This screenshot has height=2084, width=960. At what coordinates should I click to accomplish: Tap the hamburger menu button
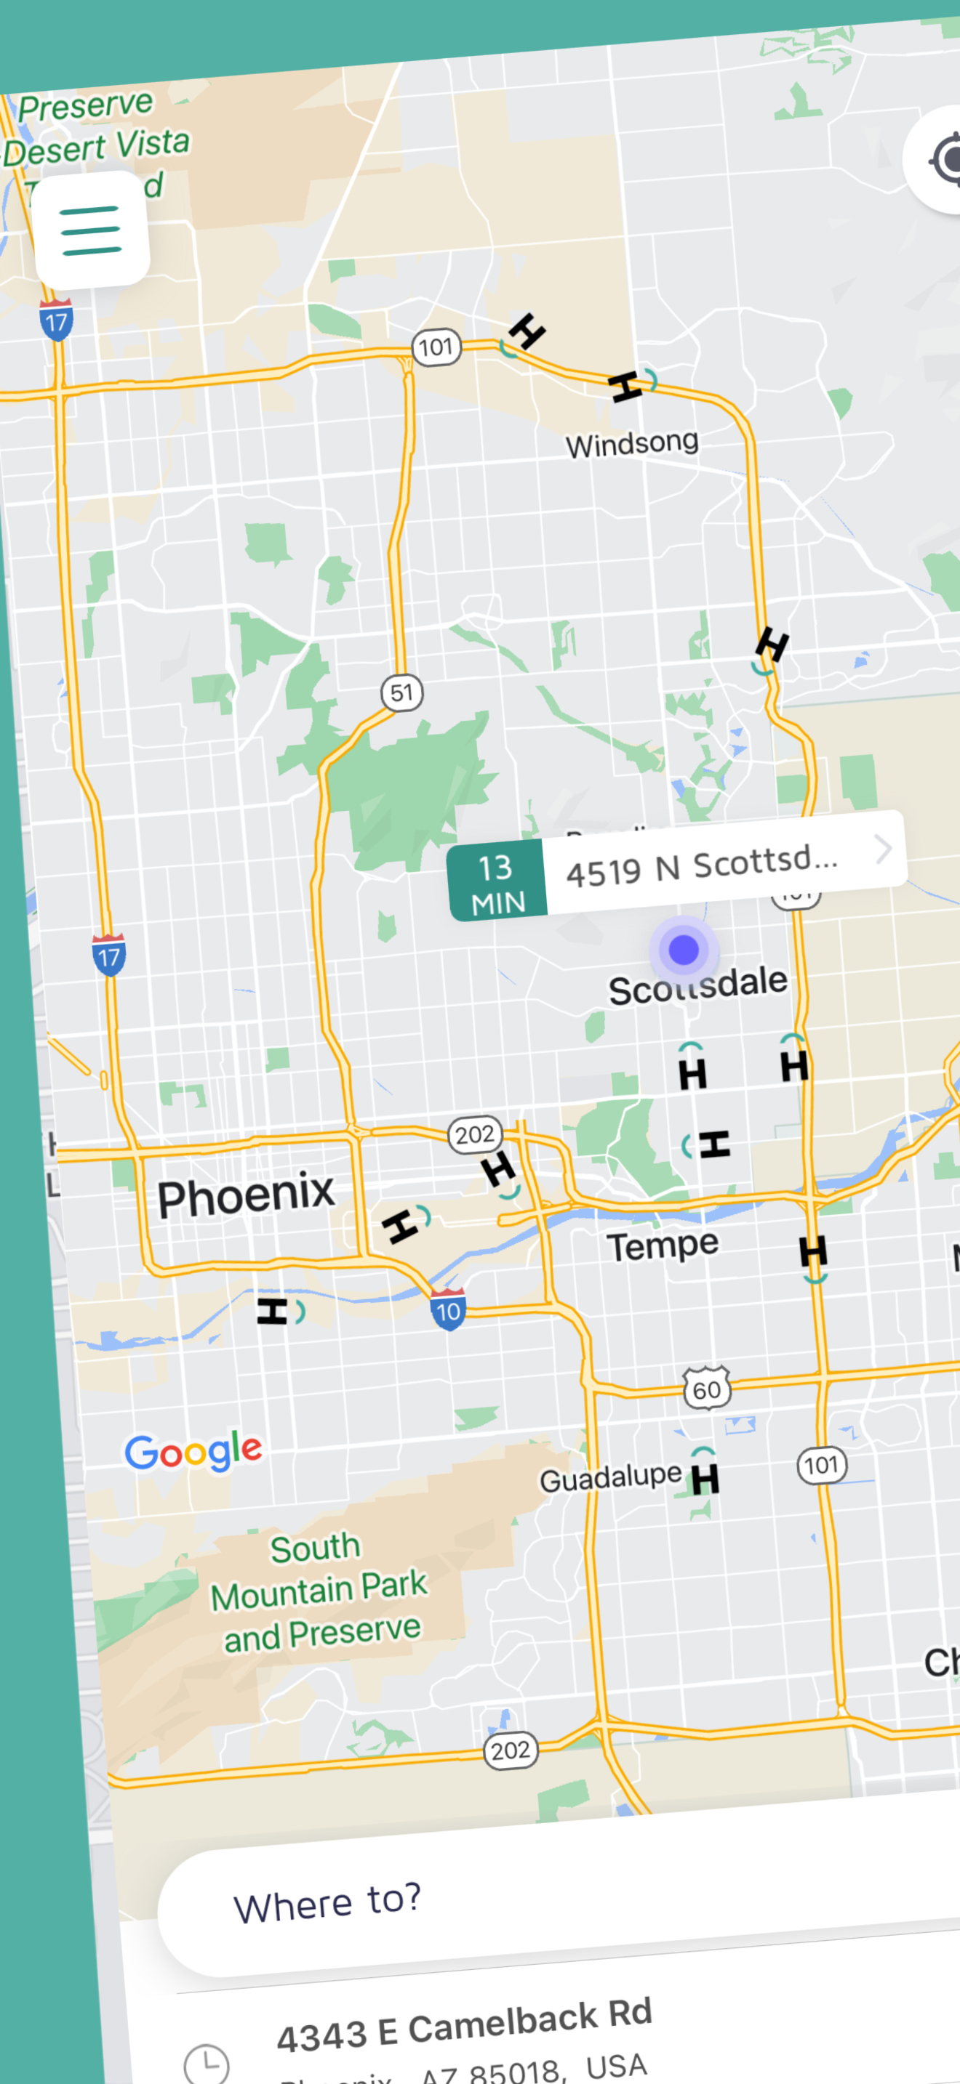click(x=91, y=230)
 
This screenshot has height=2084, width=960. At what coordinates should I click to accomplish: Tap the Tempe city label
click(x=662, y=1245)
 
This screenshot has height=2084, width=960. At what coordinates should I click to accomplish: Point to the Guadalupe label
click(x=610, y=1478)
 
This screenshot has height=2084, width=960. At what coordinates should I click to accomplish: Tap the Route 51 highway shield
click(x=401, y=692)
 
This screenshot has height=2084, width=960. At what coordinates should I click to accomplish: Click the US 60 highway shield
click(x=707, y=1389)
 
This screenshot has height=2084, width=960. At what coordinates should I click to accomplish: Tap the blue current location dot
click(x=684, y=949)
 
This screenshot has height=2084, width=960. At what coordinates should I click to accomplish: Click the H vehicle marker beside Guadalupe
click(x=704, y=1478)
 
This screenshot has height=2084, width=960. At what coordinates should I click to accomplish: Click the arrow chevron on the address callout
click(x=883, y=849)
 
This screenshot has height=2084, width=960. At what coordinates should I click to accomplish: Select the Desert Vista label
click(x=97, y=148)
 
